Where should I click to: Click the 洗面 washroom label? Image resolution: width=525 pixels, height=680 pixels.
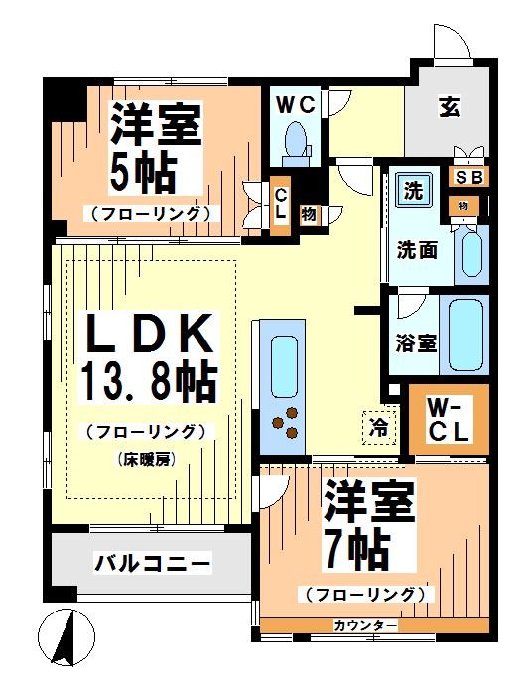pyautogui.click(x=418, y=251)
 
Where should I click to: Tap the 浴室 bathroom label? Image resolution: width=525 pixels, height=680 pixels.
pyautogui.click(x=415, y=344)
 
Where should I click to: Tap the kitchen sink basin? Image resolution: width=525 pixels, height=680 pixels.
pyautogui.click(x=284, y=361)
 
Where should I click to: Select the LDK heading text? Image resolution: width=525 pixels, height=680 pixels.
pyautogui.click(x=149, y=335)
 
